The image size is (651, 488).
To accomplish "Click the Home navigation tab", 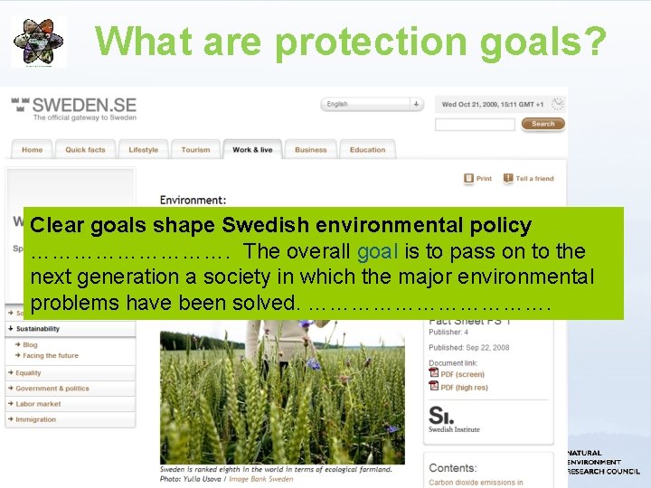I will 32,150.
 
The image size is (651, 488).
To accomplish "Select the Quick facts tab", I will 85,150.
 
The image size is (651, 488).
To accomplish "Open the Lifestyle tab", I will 143,150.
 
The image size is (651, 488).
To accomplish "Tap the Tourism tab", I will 195,150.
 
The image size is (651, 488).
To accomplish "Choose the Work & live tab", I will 252,150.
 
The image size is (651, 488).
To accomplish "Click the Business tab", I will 310,150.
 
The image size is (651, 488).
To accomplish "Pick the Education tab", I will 367,150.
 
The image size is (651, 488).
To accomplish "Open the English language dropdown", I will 373,104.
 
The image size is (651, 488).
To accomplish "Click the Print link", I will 478,179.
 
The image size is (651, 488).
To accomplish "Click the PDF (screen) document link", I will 461,374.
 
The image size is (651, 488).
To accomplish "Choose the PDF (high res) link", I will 463,388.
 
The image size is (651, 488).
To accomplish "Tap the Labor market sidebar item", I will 38,404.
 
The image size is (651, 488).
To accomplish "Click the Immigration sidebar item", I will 35,419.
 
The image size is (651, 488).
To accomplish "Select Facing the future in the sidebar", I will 51,356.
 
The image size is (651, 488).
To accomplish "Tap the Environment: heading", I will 193,200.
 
